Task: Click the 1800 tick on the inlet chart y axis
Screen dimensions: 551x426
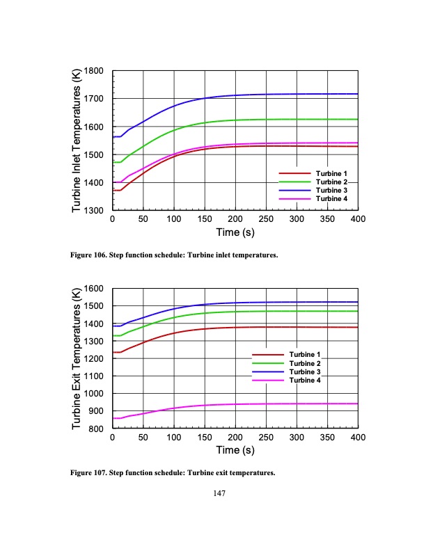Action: click(x=94, y=71)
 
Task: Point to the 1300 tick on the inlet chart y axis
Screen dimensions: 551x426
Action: click(x=94, y=210)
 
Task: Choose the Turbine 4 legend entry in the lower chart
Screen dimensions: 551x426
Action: click(x=305, y=380)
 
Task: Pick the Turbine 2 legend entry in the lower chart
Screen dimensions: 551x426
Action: click(x=305, y=363)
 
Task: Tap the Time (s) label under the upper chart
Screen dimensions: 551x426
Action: click(x=235, y=232)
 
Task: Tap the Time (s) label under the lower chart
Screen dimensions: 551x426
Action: click(x=235, y=450)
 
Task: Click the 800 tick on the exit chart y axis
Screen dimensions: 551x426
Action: click(x=97, y=429)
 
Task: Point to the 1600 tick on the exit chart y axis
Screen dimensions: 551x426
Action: click(x=94, y=289)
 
